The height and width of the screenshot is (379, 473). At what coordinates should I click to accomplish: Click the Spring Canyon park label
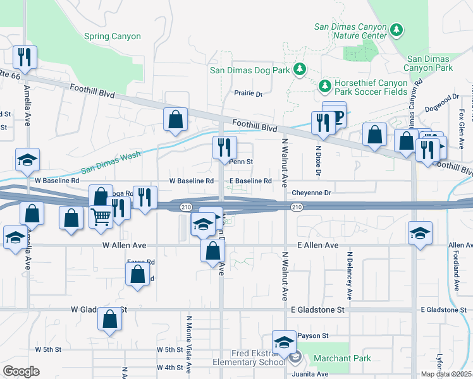tap(113, 37)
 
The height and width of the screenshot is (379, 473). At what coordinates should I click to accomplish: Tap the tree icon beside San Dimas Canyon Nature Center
tap(396, 30)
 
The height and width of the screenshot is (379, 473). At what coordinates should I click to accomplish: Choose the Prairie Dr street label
tap(249, 93)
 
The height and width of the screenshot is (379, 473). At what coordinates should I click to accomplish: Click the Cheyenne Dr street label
tap(312, 193)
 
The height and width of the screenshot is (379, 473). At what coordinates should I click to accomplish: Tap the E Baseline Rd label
tap(250, 181)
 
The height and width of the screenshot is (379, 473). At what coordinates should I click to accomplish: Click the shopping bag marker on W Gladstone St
tap(109, 320)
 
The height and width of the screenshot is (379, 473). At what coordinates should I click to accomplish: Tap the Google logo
tap(21, 371)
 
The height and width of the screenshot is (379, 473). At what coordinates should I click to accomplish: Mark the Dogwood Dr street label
tap(443, 102)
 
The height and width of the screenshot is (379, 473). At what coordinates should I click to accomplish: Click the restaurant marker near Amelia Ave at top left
tap(25, 57)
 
